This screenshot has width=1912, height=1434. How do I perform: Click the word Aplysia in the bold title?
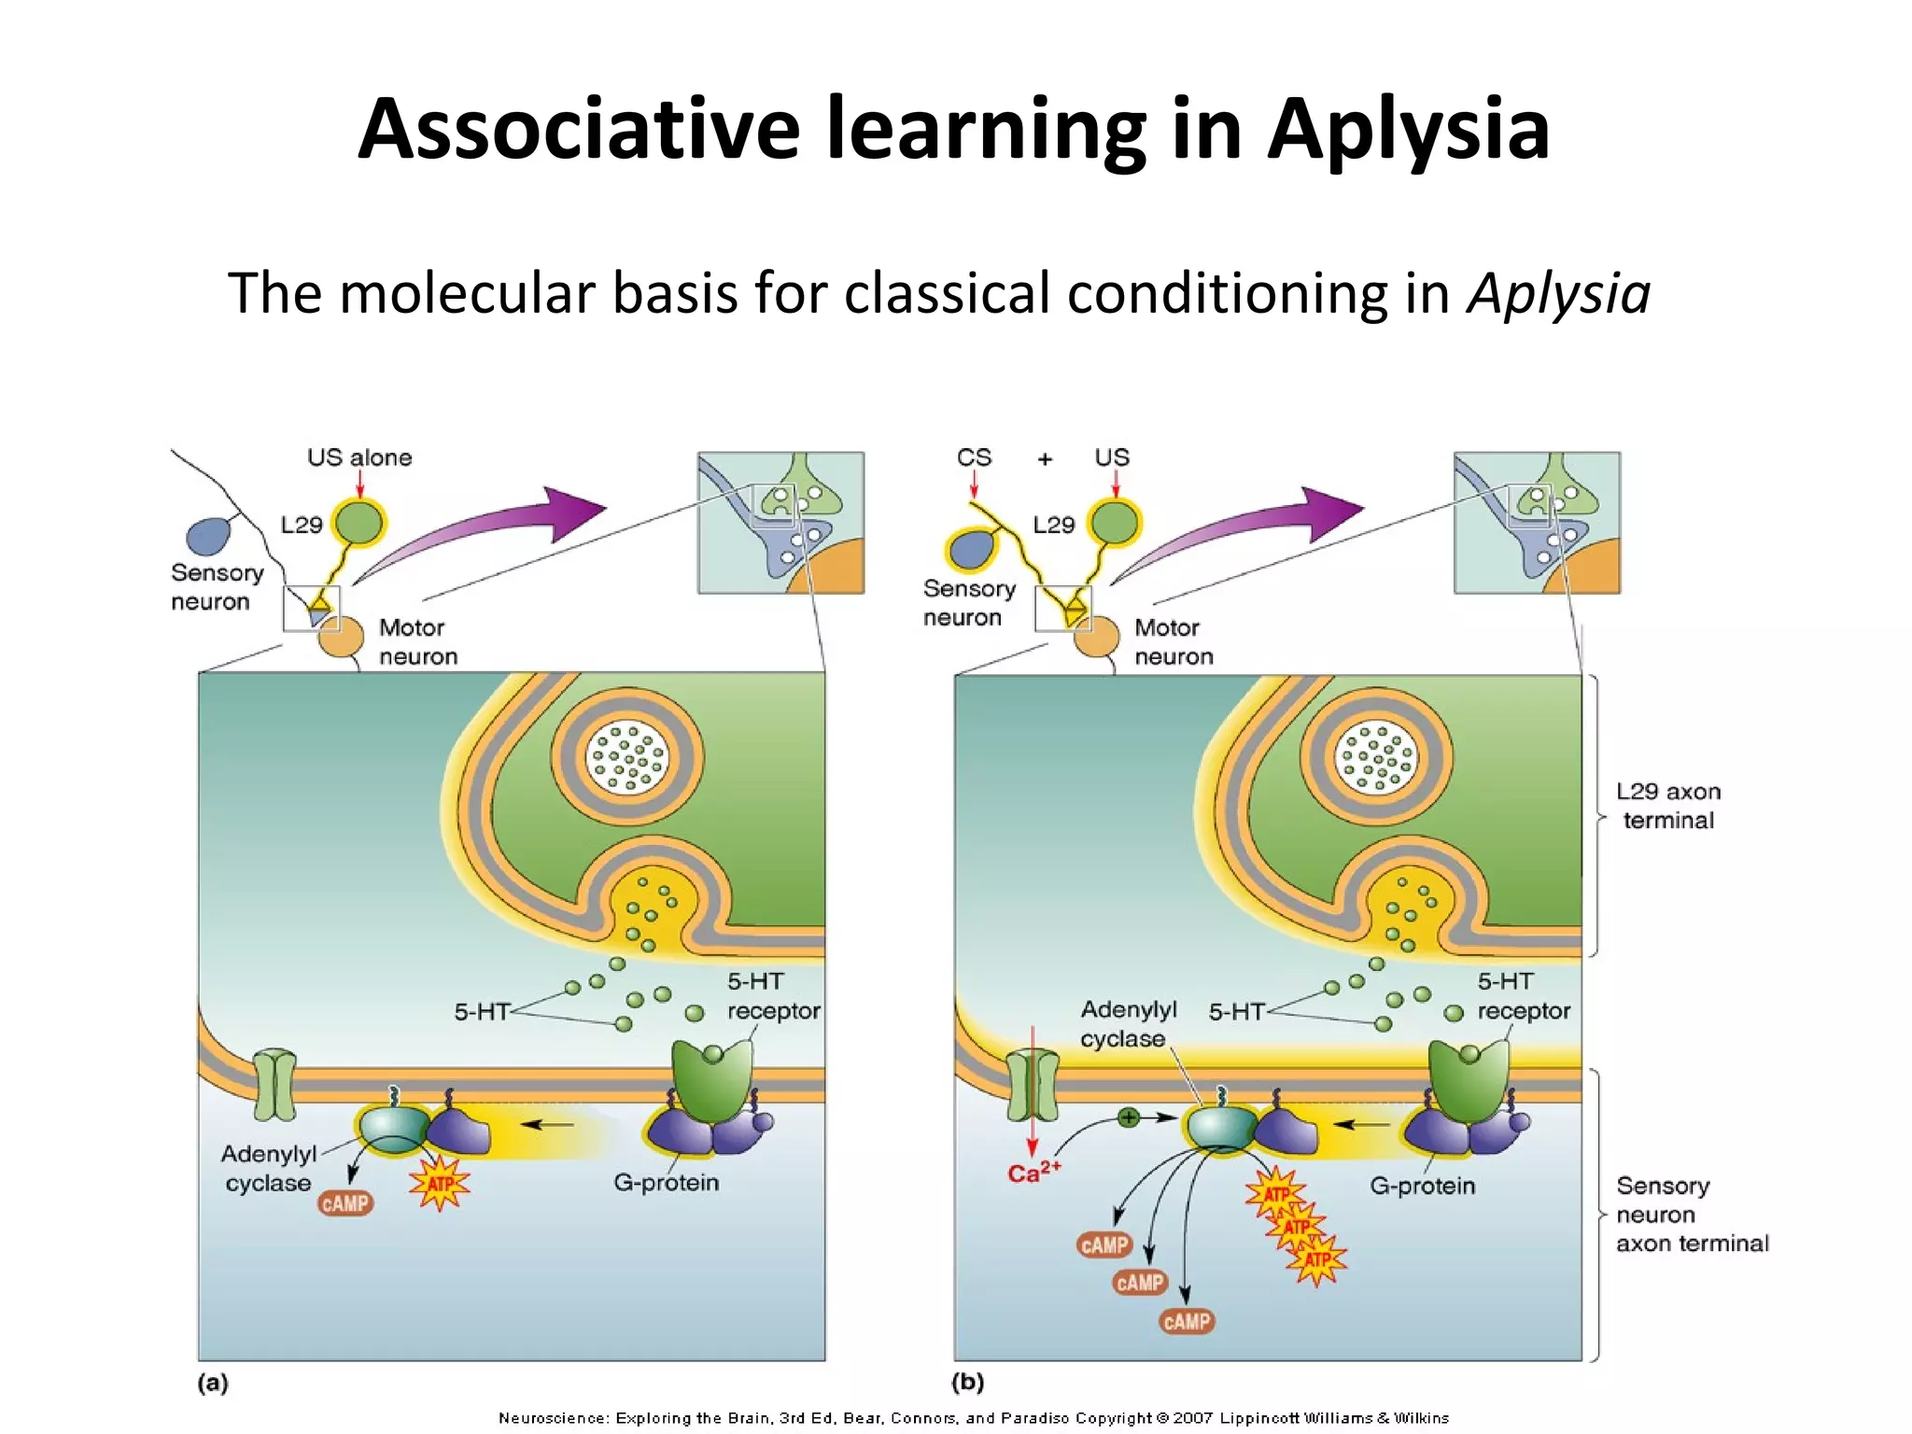(x=1408, y=130)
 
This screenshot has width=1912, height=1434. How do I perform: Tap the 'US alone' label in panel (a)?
(x=359, y=457)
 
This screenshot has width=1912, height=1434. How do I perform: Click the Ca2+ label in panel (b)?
(x=1033, y=1173)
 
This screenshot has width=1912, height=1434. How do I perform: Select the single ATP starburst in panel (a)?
(x=440, y=1184)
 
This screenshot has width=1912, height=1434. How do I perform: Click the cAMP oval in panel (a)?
(x=345, y=1203)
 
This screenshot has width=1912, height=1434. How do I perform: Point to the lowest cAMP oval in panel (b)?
(x=1187, y=1321)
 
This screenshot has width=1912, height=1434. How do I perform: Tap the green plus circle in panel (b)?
(x=1129, y=1118)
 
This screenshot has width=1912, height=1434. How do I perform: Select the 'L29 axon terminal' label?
(x=1668, y=806)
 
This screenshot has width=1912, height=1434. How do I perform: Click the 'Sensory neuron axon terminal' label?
(x=1691, y=1214)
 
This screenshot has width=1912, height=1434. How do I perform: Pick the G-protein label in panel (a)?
(x=666, y=1183)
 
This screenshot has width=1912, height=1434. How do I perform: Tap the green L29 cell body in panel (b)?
(x=1115, y=523)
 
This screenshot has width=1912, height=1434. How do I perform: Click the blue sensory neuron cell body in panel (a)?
(x=208, y=536)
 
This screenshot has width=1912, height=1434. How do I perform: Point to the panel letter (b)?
(x=967, y=1382)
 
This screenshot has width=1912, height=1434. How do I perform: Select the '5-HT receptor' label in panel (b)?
(x=1523, y=996)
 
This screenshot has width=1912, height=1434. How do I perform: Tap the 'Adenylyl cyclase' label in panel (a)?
(x=268, y=1168)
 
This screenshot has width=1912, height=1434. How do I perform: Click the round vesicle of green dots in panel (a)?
(x=626, y=757)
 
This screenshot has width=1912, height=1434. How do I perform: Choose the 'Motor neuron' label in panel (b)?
(x=1174, y=641)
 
